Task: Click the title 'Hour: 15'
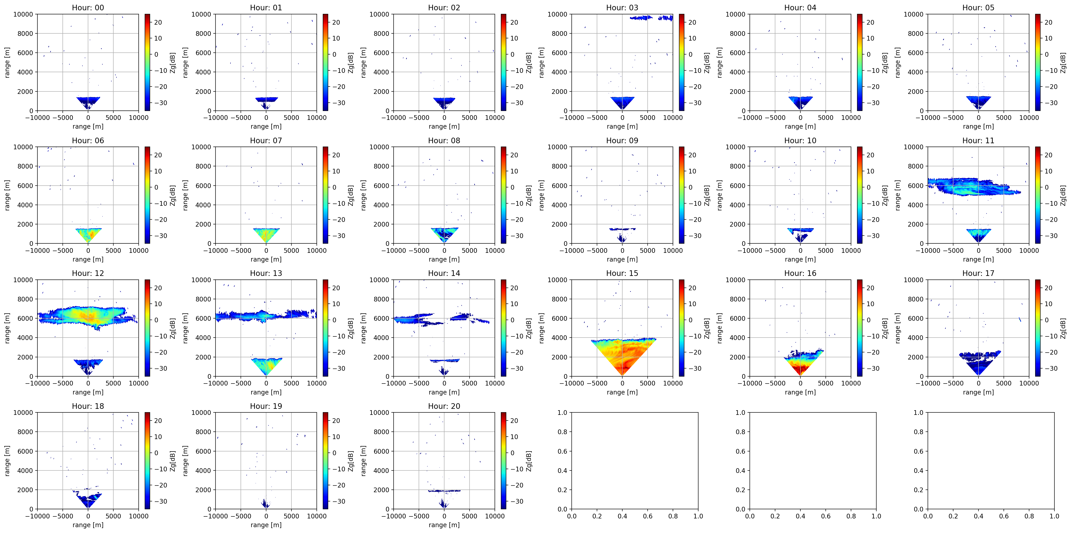pos(622,273)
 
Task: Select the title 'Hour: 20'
pos(444,406)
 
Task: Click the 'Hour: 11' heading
pos(978,141)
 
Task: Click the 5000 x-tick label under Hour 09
pos(647,251)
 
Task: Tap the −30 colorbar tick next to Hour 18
pos(158,501)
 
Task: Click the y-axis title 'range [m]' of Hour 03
pos(541,62)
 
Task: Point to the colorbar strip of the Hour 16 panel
pos(859,328)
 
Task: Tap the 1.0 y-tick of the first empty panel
pos(562,413)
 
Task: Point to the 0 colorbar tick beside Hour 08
pos(513,187)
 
